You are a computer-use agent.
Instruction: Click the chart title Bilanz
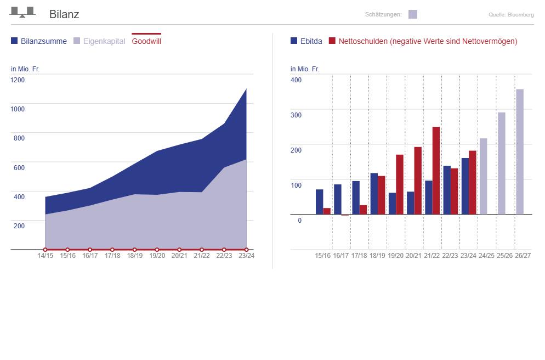(64, 14)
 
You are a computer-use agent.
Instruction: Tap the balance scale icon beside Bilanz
(22, 12)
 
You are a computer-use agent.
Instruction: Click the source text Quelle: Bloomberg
(510, 15)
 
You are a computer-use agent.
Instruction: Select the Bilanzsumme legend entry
(39, 41)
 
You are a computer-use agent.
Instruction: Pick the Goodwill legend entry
(146, 41)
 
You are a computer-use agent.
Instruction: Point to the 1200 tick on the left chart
(18, 80)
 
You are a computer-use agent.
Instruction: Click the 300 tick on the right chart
(296, 115)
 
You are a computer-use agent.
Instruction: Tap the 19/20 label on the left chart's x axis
(157, 256)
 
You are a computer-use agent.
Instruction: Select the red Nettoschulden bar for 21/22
(436, 171)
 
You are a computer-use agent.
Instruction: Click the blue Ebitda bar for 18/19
(374, 194)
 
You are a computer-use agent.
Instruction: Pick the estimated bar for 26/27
(520, 151)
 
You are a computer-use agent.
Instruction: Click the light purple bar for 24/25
(483, 176)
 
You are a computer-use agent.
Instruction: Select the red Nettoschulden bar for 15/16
(327, 211)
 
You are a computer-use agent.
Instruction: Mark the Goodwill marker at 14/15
(45, 250)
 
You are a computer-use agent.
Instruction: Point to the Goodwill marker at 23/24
(246, 250)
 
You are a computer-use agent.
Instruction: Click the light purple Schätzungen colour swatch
(413, 14)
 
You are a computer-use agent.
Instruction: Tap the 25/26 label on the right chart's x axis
(505, 256)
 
